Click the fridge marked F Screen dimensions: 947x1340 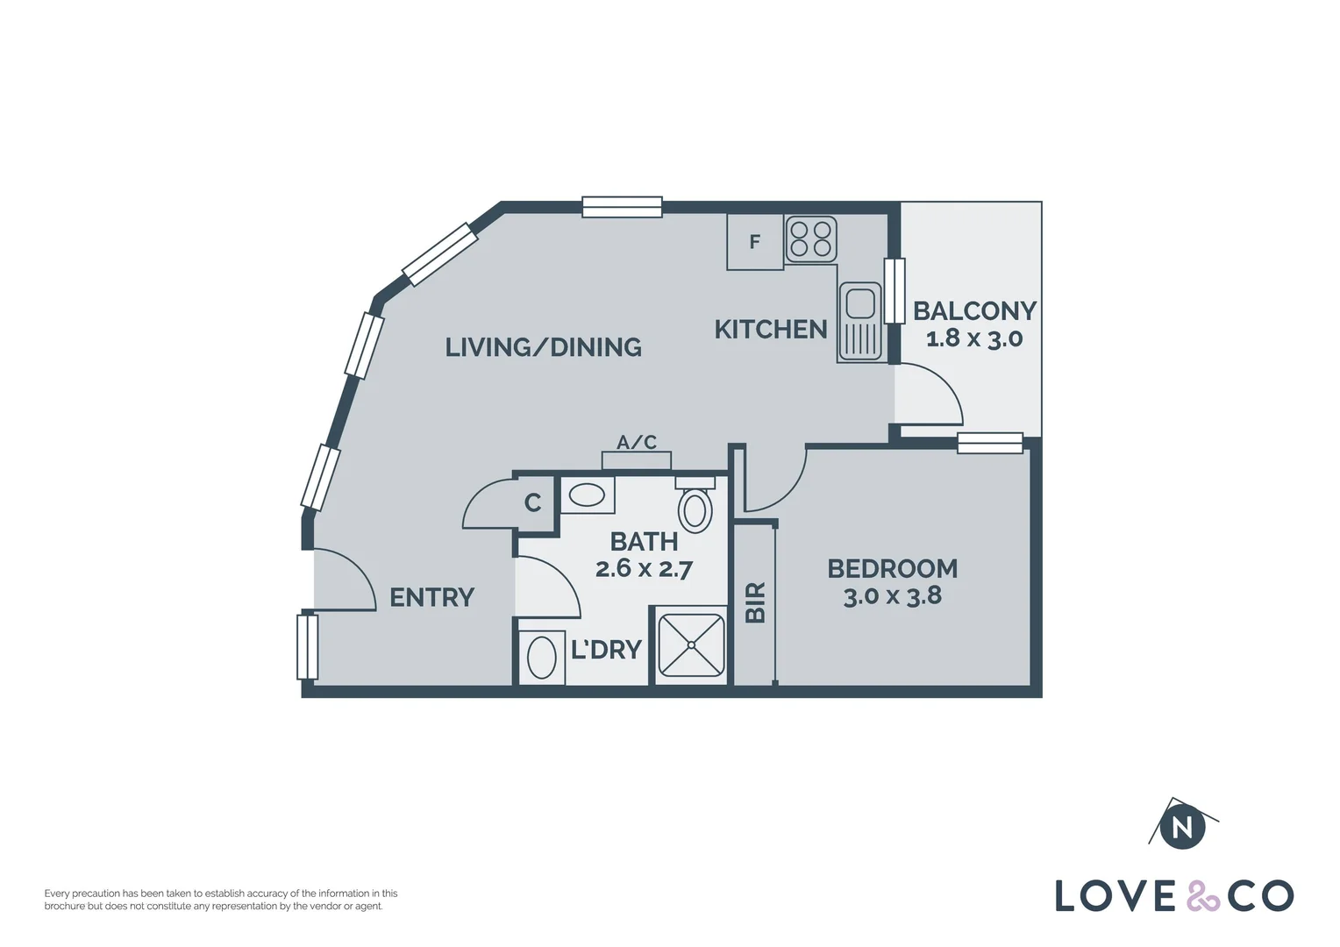[x=754, y=242]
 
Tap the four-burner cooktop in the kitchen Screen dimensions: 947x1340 [x=810, y=239]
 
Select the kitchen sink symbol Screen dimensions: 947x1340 [x=859, y=322]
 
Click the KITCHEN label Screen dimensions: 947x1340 [x=770, y=330]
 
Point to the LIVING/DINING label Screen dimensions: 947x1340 [x=543, y=347]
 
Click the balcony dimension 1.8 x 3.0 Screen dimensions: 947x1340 [x=973, y=338]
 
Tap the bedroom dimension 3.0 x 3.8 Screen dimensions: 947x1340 [x=892, y=596]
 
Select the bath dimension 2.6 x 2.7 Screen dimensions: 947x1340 [x=644, y=569]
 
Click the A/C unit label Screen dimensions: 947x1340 [x=637, y=443]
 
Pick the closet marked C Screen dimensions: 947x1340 [x=533, y=503]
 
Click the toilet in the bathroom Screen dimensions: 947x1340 [x=695, y=509]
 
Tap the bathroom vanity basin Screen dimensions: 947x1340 [x=586, y=496]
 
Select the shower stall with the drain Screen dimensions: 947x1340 [x=692, y=645]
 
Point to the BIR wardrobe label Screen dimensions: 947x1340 [x=755, y=602]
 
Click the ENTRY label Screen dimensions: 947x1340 [x=431, y=598]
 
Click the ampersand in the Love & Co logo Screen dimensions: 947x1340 [x=1202, y=896]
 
